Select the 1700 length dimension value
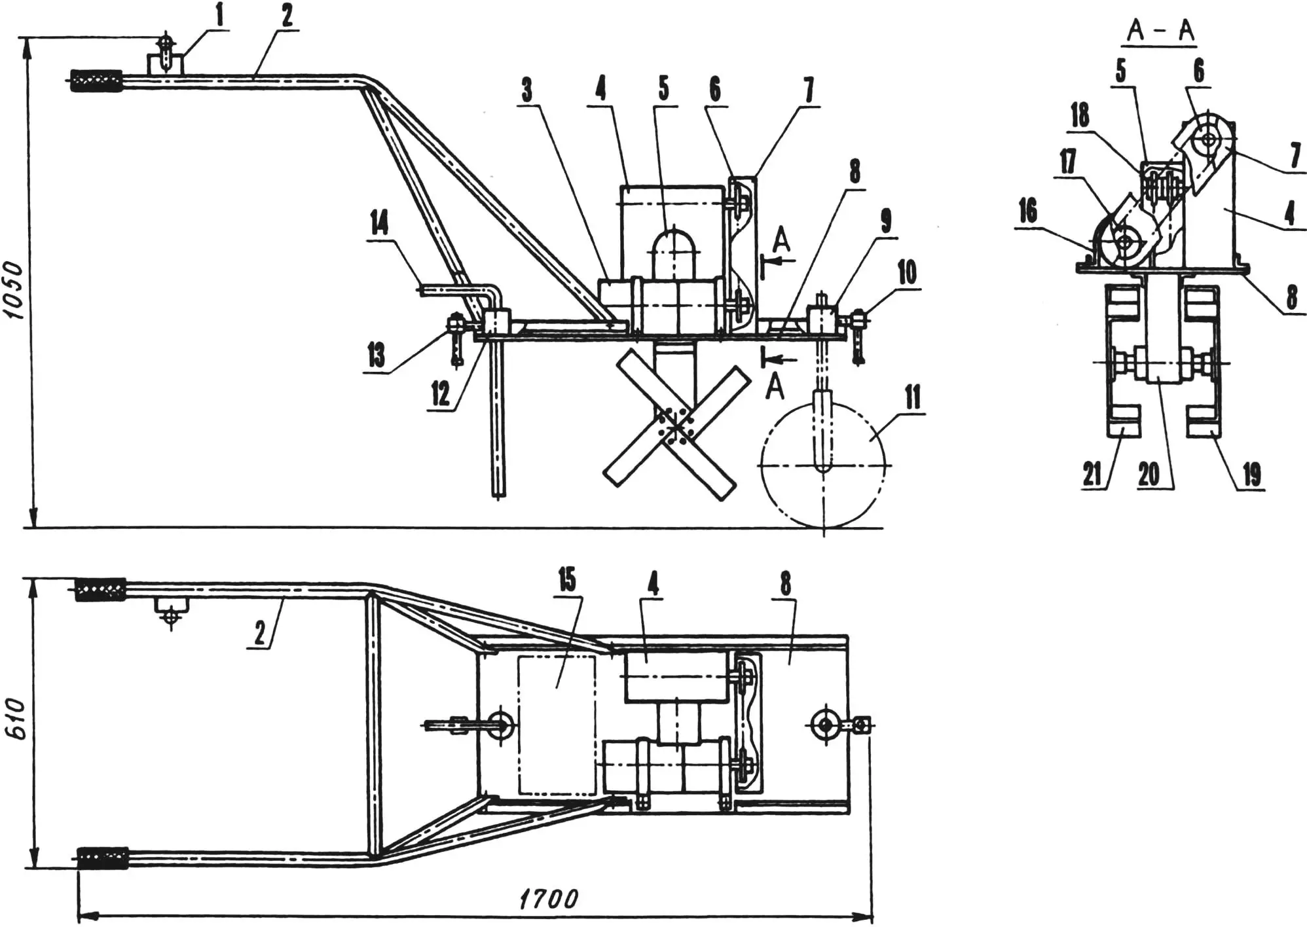(x=549, y=899)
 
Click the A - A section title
(x=1159, y=30)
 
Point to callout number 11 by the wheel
(x=912, y=397)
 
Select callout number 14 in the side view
(x=379, y=223)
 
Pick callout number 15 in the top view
(x=567, y=579)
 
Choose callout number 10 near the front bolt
(x=907, y=272)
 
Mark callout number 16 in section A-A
(x=1027, y=211)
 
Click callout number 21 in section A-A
(x=1092, y=473)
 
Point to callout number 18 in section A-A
(x=1080, y=115)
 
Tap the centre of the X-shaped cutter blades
(x=674, y=426)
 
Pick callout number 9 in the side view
(x=886, y=221)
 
